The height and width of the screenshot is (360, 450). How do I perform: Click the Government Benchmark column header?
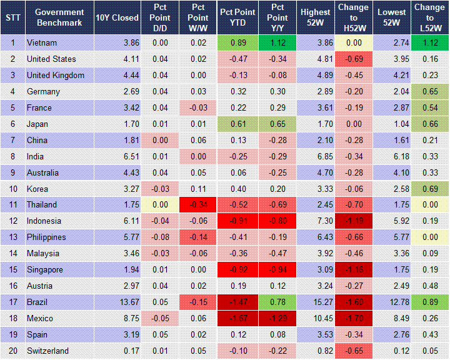click(x=59, y=17)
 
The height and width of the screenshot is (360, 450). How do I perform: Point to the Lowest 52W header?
click(x=392, y=17)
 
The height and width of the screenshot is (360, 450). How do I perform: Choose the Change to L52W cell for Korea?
click(x=430, y=188)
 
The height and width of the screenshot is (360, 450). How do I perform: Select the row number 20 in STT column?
click(x=12, y=351)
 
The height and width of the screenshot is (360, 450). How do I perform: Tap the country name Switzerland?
click(x=47, y=351)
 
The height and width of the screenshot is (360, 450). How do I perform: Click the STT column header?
click(x=12, y=17)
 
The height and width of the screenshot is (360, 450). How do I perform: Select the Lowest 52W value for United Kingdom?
click(x=392, y=75)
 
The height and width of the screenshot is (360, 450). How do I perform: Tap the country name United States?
click(x=51, y=59)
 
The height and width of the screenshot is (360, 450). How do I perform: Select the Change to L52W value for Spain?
click(x=430, y=334)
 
